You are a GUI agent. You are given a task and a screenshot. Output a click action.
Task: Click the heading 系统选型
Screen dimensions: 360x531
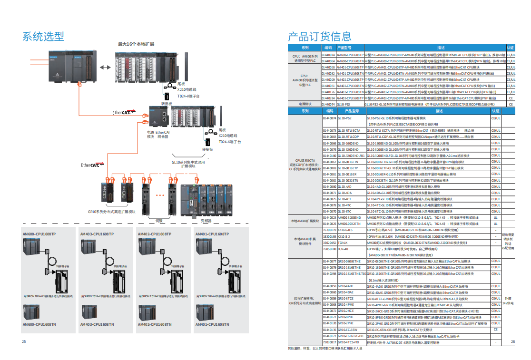43,36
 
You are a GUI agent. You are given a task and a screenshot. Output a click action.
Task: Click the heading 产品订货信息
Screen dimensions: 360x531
319,36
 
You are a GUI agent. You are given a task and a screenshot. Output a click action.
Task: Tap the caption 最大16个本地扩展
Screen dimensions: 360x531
136,44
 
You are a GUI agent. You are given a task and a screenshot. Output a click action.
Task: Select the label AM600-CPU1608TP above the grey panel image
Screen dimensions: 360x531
39,234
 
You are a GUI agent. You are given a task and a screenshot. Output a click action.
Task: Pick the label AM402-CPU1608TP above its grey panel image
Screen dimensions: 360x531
154,234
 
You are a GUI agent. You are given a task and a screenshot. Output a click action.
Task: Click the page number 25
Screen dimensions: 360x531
24,341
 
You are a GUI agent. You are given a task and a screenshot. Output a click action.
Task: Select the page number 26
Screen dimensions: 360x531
512,341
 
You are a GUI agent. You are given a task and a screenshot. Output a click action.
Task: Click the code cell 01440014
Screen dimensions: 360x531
328,55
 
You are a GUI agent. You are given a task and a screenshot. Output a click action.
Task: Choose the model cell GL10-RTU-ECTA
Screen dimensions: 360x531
348,130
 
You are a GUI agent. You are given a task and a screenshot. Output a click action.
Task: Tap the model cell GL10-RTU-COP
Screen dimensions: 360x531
348,136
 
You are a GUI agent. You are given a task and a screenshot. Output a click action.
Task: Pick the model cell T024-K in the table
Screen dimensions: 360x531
343,242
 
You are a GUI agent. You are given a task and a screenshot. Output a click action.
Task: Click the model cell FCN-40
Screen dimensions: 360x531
343,249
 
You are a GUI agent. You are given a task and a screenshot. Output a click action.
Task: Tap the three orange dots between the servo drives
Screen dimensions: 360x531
160,195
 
